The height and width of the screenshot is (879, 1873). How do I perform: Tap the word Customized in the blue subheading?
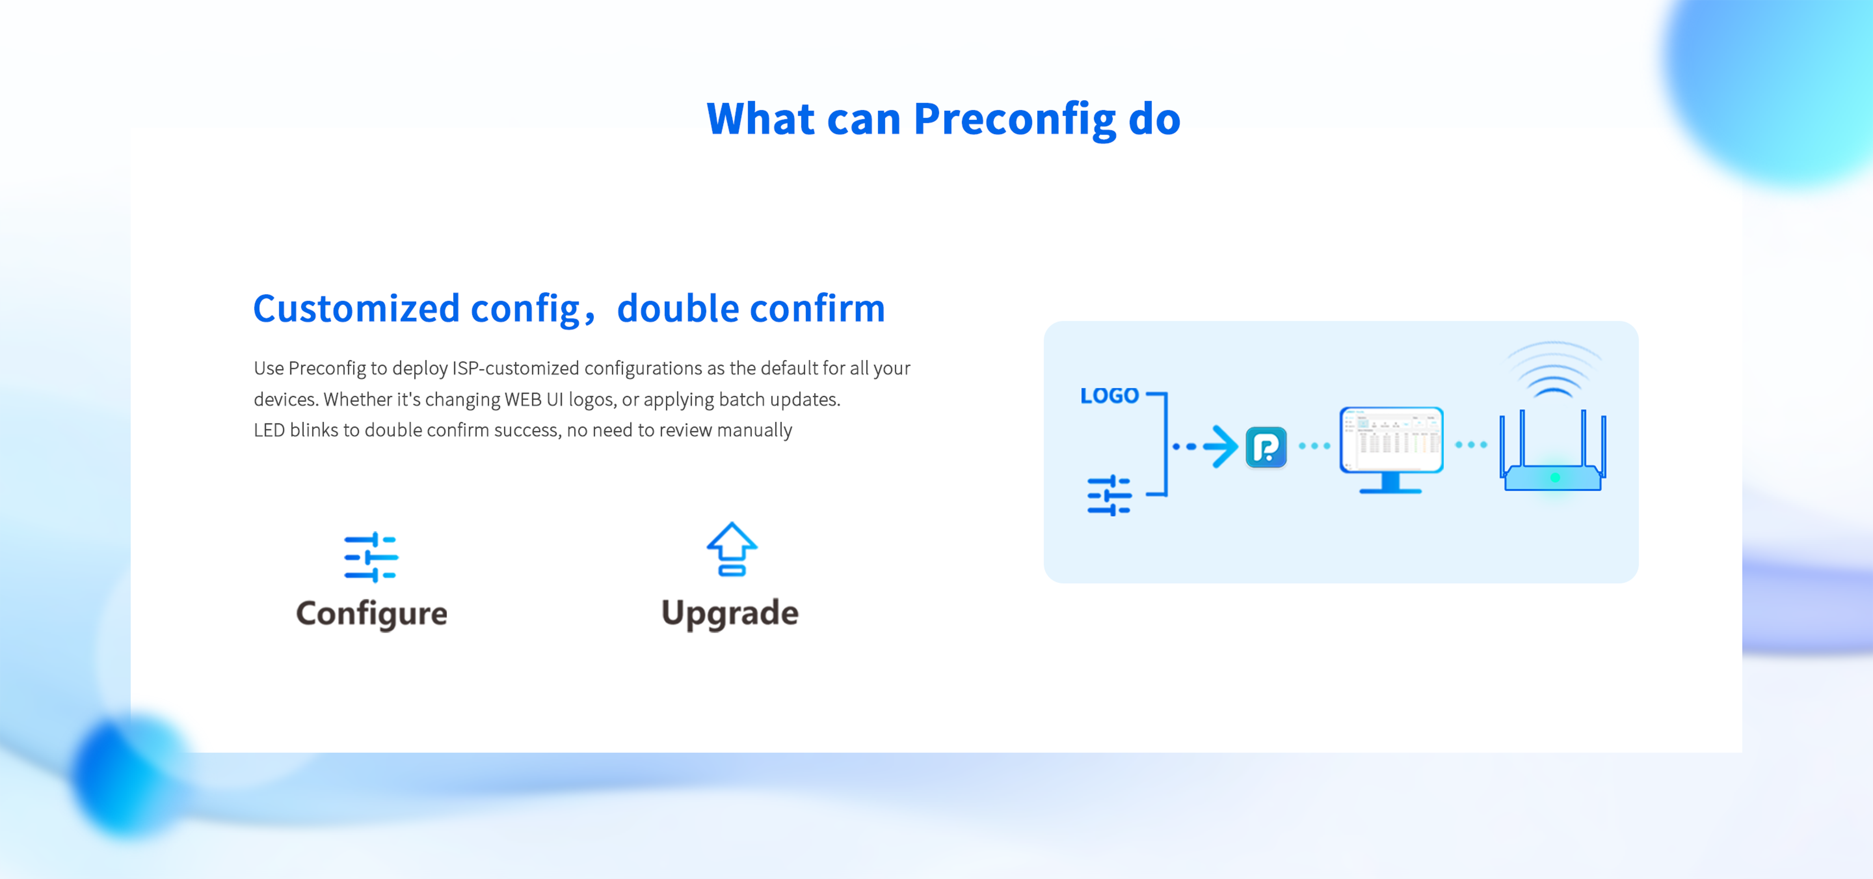click(x=356, y=309)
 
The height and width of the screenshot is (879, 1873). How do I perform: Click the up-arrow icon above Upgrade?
click(x=731, y=549)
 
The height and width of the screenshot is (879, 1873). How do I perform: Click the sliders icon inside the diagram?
click(x=1109, y=495)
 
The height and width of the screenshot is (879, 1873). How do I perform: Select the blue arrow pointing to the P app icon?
click(x=1207, y=446)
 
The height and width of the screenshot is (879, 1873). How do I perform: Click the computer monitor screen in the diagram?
click(x=1391, y=439)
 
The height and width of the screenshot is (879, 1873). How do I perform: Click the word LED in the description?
click(x=269, y=430)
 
